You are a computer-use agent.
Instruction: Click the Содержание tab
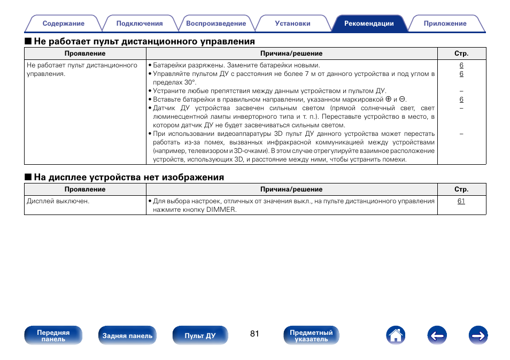(x=64, y=24)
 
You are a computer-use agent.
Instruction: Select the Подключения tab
(x=140, y=24)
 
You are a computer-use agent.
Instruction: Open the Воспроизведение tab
(x=216, y=24)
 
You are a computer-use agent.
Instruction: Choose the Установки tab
(x=292, y=24)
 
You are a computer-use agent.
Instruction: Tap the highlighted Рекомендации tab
(x=369, y=24)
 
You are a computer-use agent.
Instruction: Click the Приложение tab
(x=445, y=24)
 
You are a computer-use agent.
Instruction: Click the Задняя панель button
(x=127, y=336)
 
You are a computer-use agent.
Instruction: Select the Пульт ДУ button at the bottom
(x=200, y=336)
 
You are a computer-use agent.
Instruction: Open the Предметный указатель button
(x=311, y=336)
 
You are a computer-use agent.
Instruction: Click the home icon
(x=396, y=335)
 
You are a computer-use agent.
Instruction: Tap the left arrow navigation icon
(x=437, y=335)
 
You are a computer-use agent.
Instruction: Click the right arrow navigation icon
(x=478, y=335)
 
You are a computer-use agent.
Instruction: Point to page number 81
(x=254, y=334)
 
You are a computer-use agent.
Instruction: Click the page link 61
(x=461, y=201)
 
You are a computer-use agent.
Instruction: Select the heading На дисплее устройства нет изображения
(x=129, y=177)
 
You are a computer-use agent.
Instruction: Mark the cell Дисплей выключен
(x=58, y=201)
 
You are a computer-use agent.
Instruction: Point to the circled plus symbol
(x=388, y=99)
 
